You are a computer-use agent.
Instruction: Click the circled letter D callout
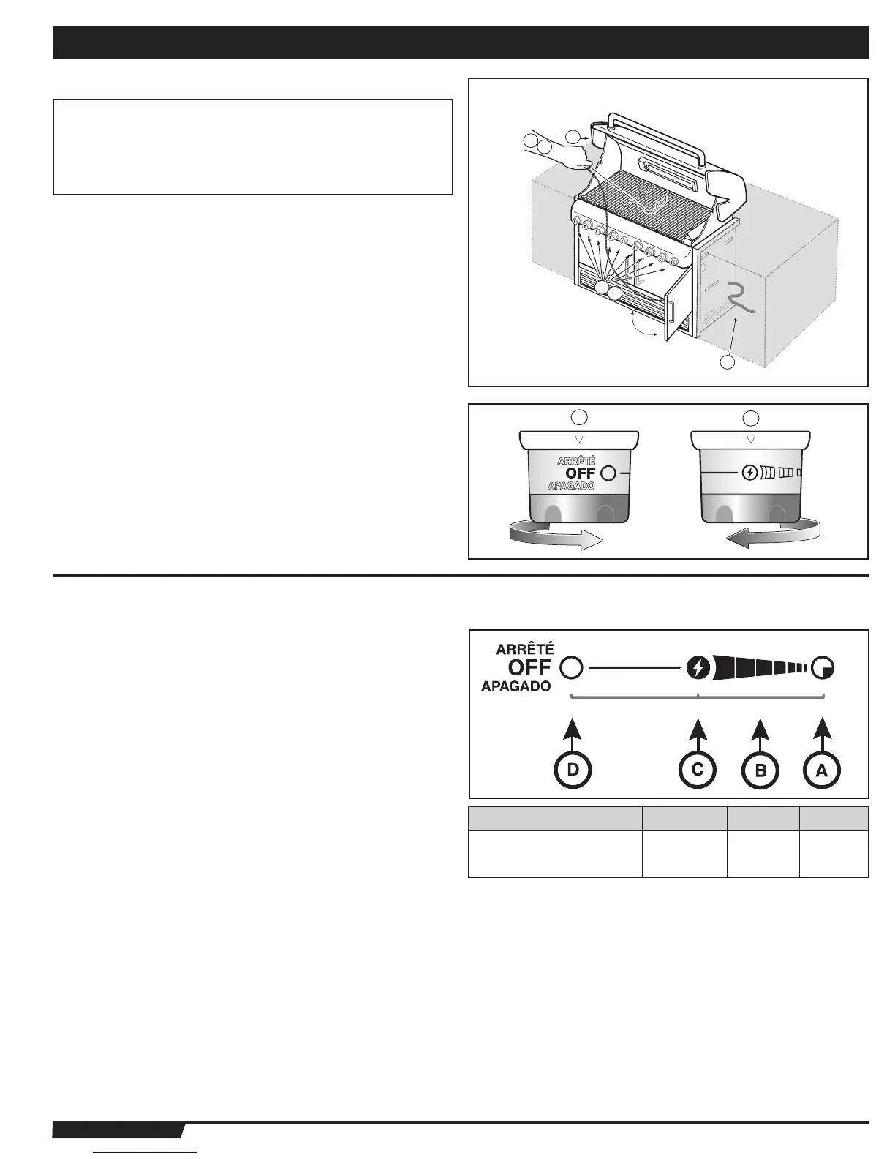pos(573,770)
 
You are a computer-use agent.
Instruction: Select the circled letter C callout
pos(698,770)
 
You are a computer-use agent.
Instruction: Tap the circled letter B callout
pos(760,770)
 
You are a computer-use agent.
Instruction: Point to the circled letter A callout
pos(822,770)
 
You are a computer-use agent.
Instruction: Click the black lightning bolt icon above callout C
pos(698,668)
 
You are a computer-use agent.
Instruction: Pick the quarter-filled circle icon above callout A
pos(824,668)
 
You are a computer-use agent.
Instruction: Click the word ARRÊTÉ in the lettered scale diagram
pos(524,649)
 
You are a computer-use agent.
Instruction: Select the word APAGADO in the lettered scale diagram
pos(516,687)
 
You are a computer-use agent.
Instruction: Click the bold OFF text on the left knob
pos(581,474)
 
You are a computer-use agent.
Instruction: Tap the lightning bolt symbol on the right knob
pos(749,473)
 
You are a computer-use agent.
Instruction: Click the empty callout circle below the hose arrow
pos(727,363)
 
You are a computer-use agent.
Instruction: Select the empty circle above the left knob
pos(578,418)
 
